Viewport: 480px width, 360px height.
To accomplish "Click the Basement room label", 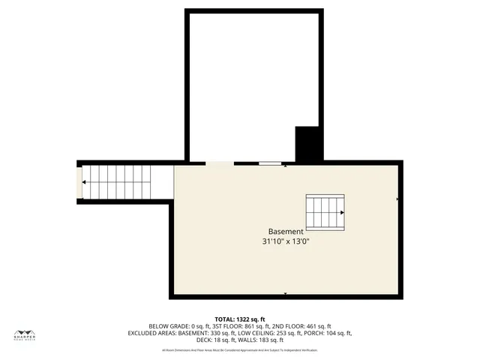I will point(286,232).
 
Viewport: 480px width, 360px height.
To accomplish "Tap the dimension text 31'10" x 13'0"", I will point(286,242).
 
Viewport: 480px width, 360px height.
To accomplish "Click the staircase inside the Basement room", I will point(325,212).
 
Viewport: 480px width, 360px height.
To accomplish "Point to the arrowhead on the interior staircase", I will point(342,212).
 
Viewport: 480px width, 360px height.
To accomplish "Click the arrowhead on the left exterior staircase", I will point(85,182).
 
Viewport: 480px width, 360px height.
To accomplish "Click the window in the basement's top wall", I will point(270,163).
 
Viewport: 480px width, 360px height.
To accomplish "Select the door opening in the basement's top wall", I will point(220,163).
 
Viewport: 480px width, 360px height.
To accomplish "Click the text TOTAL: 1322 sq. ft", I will point(240,318).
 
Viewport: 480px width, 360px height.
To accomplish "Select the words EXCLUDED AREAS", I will point(153,333).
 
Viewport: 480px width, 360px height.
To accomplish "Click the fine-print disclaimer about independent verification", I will point(240,350).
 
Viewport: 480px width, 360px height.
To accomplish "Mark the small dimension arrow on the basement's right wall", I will point(397,199).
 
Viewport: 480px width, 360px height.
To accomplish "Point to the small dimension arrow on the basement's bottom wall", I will point(286,293).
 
